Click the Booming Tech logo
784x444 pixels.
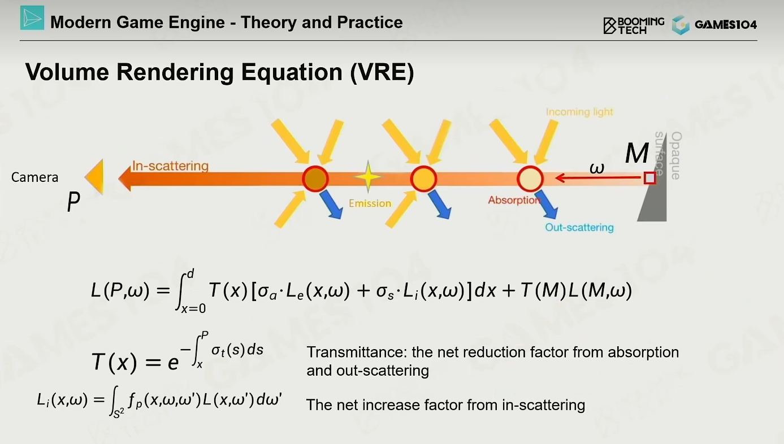pos(634,25)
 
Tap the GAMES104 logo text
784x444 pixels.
pos(726,24)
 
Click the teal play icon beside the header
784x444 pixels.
pos(32,18)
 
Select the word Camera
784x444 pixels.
pos(34,177)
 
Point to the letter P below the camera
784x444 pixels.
pos(73,202)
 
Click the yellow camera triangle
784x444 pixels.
pos(94,177)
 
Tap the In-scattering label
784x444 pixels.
pos(170,166)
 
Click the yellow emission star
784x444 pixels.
pos(368,176)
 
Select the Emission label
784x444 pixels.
pos(370,203)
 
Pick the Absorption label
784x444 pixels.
pos(514,200)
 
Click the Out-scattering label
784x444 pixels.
pos(579,228)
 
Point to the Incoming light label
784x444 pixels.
pos(579,112)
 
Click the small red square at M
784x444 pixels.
pos(650,178)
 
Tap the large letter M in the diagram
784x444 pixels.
pos(637,153)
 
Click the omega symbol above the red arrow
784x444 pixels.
pos(597,168)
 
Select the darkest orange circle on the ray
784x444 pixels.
pos(315,179)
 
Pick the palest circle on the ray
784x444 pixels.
pos(530,179)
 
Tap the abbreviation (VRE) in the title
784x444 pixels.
pos(382,72)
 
